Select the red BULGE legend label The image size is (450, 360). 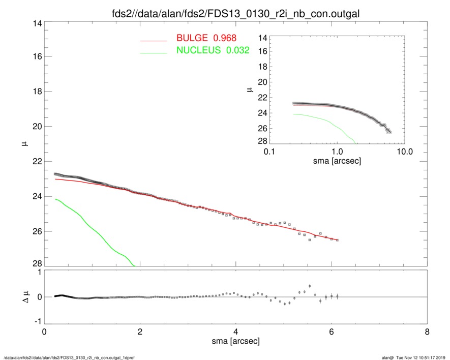206,38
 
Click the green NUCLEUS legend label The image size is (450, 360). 213,50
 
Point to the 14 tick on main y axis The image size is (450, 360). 36,23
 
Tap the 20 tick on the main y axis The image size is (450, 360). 36,127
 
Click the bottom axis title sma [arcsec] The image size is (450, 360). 235,342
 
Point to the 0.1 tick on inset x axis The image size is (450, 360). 269,152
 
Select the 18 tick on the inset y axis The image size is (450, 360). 262,67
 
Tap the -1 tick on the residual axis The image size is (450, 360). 36,321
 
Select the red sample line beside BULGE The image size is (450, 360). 154,40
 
